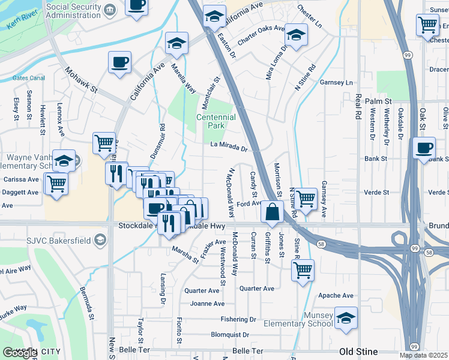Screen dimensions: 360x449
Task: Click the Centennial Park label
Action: (x=215, y=122)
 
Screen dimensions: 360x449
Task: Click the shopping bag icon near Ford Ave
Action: (x=273, y=211)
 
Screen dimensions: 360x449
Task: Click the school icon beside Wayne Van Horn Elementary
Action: (x=63, y=160)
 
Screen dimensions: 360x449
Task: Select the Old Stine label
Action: (x=358, y=351)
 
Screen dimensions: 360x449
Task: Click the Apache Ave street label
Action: (x=336, y=296)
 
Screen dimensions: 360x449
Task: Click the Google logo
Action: (x=20, y=353)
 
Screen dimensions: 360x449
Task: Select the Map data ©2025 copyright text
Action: (x=424, y=355)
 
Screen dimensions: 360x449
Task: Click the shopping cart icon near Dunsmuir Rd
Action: (x=104, y=143)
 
